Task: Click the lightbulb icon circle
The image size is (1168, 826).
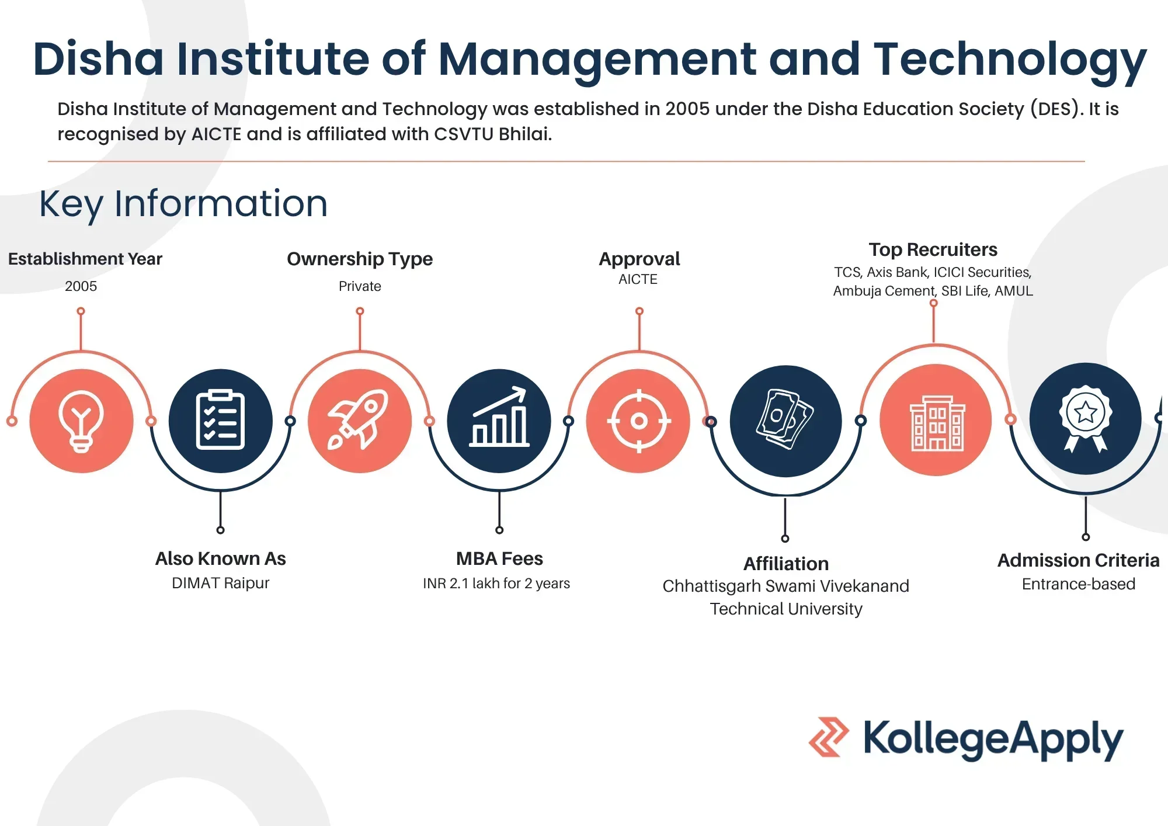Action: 81,421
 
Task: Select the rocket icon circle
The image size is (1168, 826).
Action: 360,421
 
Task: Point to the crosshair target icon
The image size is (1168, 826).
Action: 638,421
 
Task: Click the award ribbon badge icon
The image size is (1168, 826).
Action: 1085,418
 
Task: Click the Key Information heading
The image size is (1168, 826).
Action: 183,204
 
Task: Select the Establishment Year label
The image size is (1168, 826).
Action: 85,259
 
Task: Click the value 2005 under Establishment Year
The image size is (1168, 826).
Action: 81,286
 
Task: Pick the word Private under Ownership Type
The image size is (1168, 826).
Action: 360,286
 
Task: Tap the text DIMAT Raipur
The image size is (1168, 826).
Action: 221,583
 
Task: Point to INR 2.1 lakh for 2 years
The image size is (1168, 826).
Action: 496,583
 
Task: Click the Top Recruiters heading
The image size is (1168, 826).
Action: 933,249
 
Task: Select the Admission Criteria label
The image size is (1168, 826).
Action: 1078,560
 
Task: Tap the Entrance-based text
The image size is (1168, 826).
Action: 1079,584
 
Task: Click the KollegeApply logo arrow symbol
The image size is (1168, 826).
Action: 829,737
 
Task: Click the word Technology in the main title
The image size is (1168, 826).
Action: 1010,60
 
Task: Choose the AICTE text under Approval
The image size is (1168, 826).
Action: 638,279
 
